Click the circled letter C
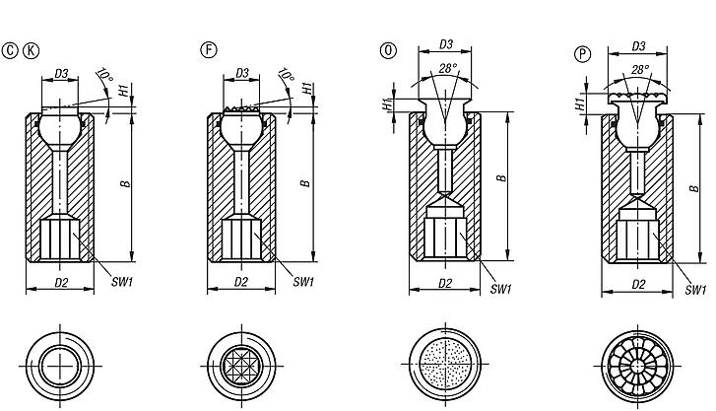point(11,50)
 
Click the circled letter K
point(31,50)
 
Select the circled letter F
point(208,50)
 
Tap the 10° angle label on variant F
point(286,75)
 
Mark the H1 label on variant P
point(582,102)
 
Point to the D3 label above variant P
point(639,44)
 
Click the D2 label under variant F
point(241,283)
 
